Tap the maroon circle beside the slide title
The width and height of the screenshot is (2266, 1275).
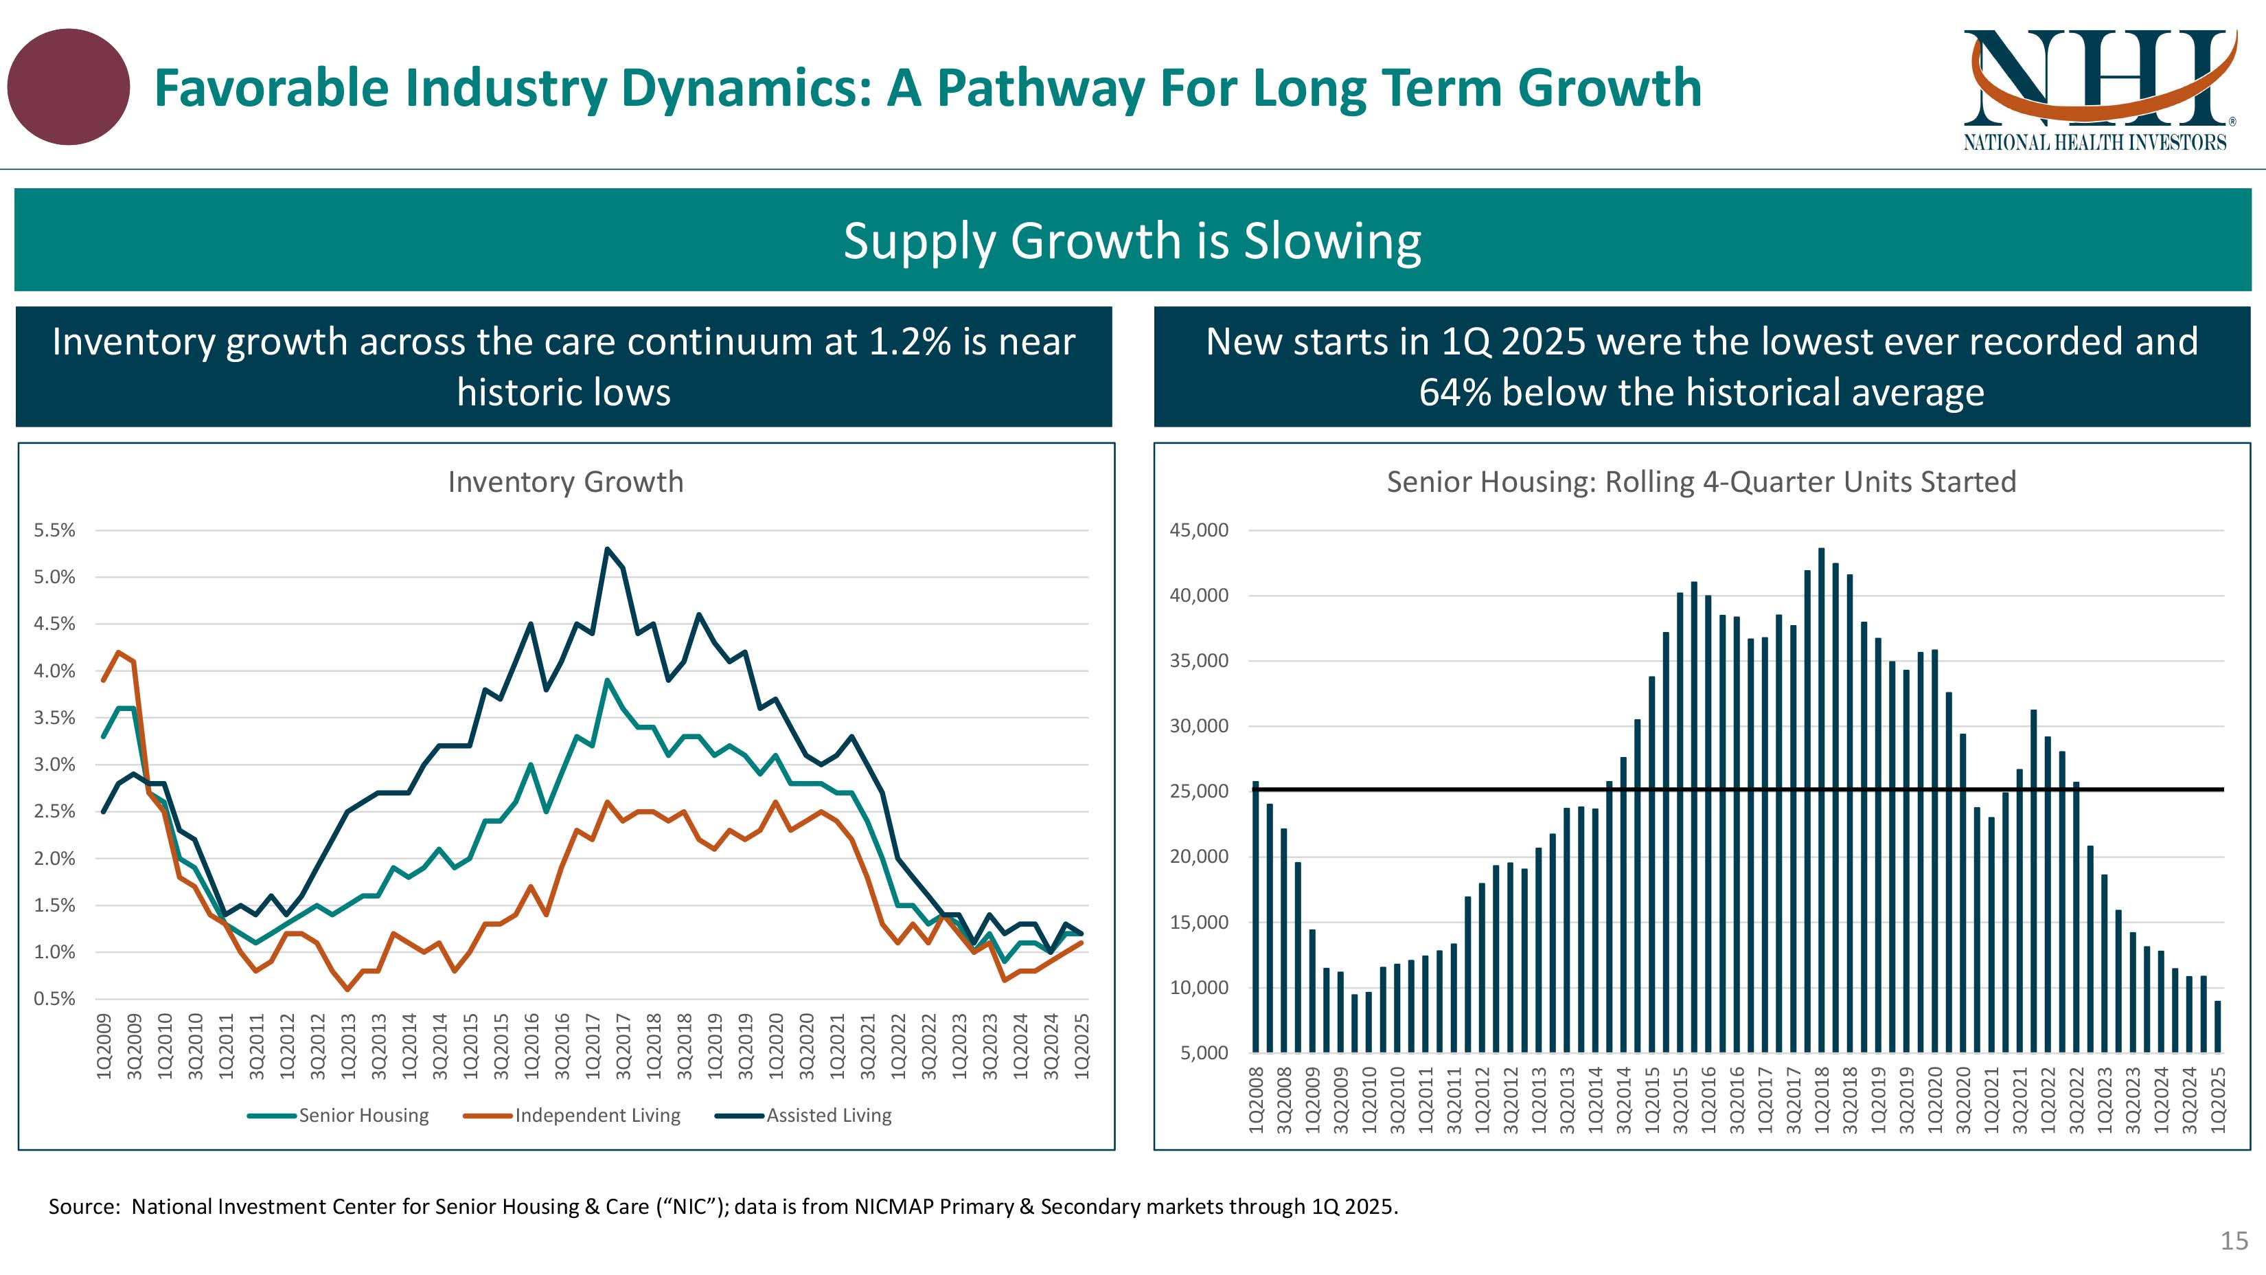coord(69,87)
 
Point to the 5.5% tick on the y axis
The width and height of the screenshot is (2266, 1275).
coord(54,530)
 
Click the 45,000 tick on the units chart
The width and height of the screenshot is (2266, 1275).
coord(1198,530)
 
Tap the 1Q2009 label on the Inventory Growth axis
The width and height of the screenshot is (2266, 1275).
coord(104,1046)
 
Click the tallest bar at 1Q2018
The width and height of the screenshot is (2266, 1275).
coord(1821,801)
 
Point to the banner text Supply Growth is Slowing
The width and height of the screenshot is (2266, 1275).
coord(1132,240)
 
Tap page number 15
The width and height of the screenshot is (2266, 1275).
coord(2234,1241)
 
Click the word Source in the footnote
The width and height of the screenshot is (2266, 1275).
coord(82,1206)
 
